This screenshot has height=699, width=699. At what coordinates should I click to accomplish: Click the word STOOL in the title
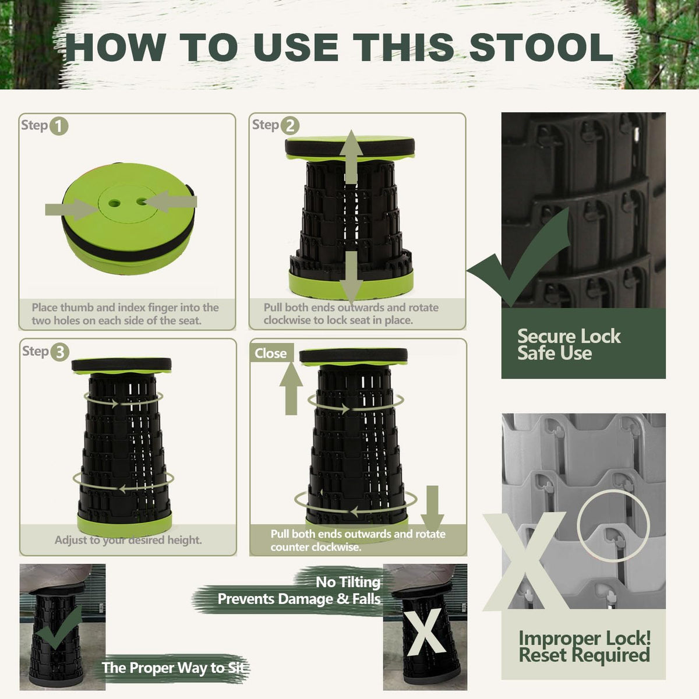[x=541, y=48]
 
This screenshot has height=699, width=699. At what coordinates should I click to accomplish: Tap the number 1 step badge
[x=59, y=126]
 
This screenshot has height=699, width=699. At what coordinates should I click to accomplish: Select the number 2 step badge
[x=290, y=126]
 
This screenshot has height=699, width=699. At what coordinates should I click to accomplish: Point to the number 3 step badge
[x=60, y=352]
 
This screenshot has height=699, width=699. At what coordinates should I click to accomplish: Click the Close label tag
[x=271, y=353]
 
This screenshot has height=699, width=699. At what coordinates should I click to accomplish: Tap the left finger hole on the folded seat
[x=114, y=203]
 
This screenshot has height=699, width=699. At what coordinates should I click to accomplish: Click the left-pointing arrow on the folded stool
[x=171, y=202]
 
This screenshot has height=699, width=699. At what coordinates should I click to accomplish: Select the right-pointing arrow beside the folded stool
[x=71, y=209]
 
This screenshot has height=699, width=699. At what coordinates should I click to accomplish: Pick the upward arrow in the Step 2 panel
[x=351, y=157]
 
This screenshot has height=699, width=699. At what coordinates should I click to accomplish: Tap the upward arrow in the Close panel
[x=291, y=389]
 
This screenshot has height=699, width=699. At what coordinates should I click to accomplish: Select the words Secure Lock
[x=569, y=336]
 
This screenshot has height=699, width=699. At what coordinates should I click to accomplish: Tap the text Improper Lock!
[x=585, y=638]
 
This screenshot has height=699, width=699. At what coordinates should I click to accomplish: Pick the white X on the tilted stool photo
[x=426, y=632]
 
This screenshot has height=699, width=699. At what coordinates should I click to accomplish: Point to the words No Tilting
[x=348, y=582]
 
